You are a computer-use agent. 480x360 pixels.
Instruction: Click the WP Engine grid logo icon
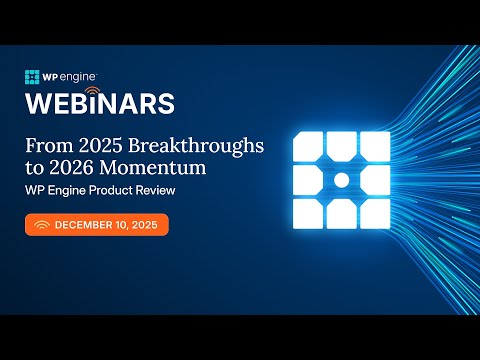32,77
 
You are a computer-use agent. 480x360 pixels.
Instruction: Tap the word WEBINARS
100,104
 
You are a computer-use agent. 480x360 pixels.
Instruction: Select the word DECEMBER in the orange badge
89,225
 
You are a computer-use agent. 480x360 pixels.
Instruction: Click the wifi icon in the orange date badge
41,225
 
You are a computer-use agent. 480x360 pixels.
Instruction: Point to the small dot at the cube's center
340,180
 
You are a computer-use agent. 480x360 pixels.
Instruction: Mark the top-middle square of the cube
340,145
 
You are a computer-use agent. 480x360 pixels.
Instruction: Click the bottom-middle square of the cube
340,215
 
